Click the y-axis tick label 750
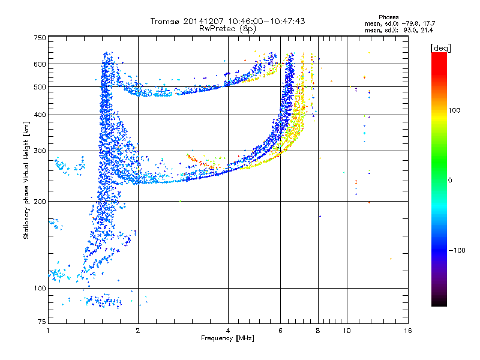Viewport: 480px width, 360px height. (x=40, y=37)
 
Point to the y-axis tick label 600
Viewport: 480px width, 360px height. (x=40, y=64)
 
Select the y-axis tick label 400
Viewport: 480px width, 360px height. (x=40, y=115)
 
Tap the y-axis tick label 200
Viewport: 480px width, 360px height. (x=40, y=201)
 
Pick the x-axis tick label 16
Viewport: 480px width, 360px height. (x=408, y=331)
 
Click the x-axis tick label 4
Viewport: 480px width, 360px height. (x=228, y=331)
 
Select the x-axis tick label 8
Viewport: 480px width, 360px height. (x=318, y=331)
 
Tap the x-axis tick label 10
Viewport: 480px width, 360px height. (x=346, y=331)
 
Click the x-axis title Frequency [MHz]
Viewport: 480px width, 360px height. (x=227, y=338)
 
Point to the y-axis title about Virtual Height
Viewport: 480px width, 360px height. (x=26, y=181)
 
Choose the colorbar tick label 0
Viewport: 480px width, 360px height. (x=451, y=180)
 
